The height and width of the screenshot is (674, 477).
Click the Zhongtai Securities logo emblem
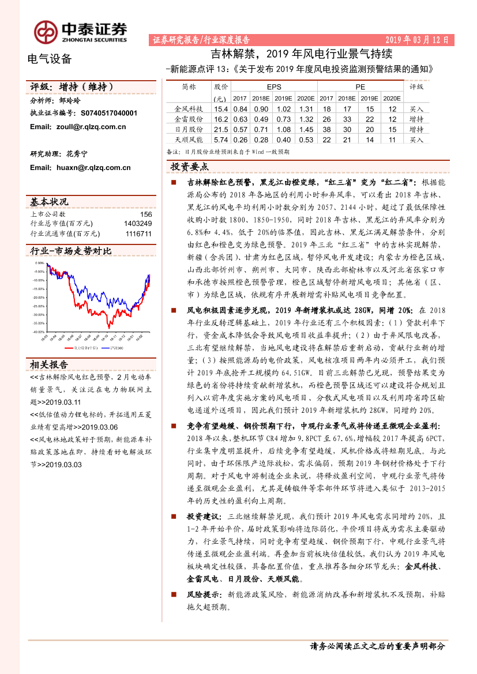click(x=44, y=32)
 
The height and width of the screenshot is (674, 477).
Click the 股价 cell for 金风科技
click(x=221, y=109)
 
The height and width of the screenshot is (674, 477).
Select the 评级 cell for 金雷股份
click(x=416, y=119)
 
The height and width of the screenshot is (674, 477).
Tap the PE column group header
click(x=360, y=87)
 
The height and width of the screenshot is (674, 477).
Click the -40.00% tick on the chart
click(x=39, y=332)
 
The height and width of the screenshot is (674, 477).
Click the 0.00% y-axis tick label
click(x=40, y=263)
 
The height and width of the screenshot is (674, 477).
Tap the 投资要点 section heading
click(x=190, y=167)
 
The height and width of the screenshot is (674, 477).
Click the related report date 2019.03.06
click(x=100, y=427)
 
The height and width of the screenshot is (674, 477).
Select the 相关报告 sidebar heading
click(x=49, y=365)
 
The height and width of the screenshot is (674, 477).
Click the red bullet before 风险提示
click(x=173, y=594)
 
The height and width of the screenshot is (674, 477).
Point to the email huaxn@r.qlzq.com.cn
click(x=80, y=168)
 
